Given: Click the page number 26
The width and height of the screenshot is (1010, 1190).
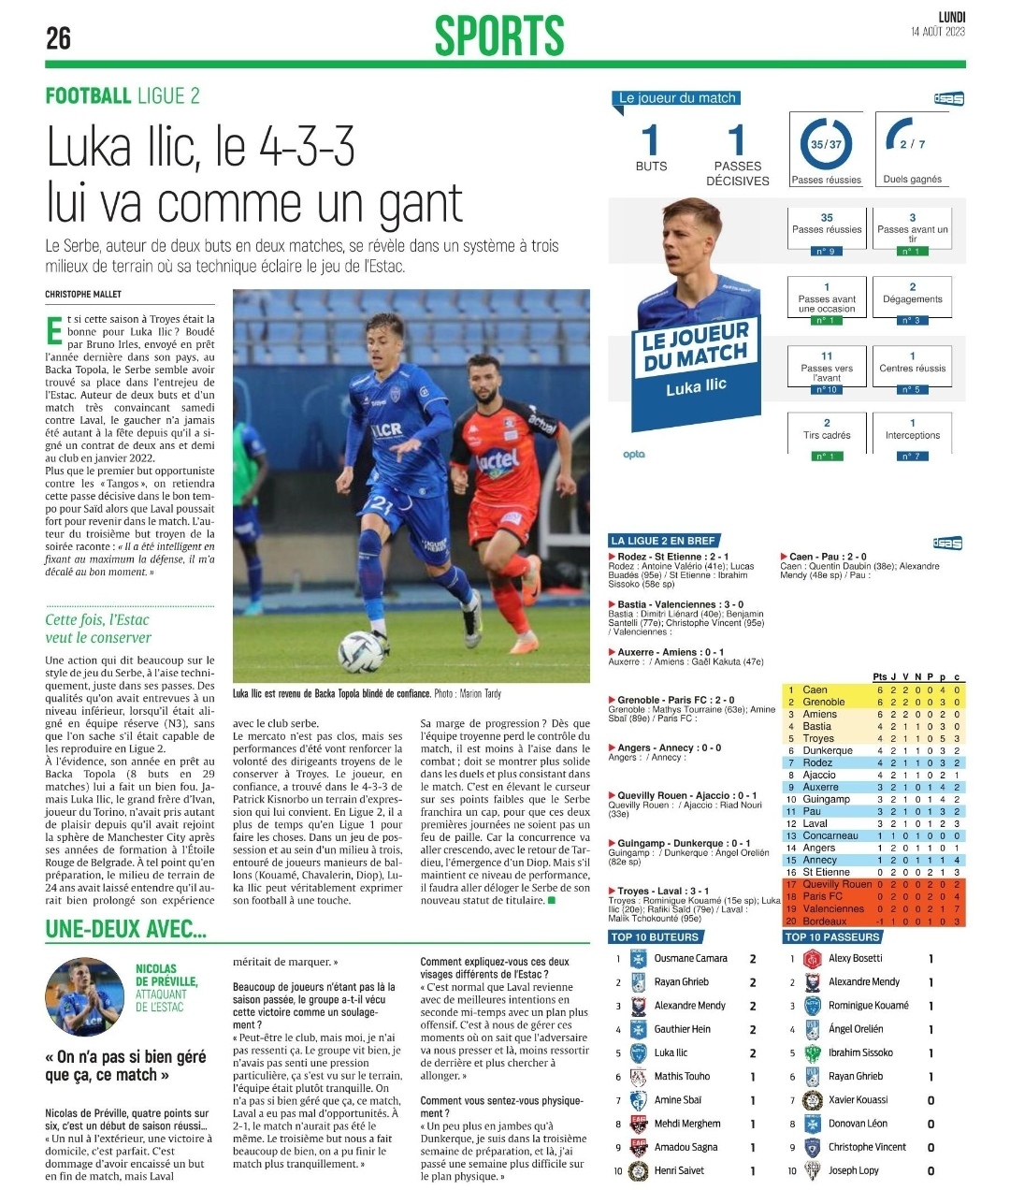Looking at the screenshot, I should pos(59,38).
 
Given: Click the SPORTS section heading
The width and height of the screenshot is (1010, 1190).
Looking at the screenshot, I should pos(499,36).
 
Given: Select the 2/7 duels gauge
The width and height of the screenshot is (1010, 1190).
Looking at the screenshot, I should pos(911,143).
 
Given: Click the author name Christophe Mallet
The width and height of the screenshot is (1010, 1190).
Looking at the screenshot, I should pos(83,294).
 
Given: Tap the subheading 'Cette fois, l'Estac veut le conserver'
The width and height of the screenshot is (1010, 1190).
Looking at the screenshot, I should pos(98,629).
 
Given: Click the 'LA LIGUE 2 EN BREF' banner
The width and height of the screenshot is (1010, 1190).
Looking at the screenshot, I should pos(663,541).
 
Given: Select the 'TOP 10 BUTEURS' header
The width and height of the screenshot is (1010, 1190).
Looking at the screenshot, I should pos(655,936).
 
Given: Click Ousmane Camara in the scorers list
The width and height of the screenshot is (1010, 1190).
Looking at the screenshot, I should pos(690,958).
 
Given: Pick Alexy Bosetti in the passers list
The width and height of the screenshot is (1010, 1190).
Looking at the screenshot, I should pos(855,958).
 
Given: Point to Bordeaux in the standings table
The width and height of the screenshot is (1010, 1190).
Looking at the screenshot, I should pos(824,922).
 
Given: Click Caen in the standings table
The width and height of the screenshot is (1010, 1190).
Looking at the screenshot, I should pos(815,689).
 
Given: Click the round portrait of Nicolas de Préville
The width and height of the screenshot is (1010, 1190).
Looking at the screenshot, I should pos(85,996).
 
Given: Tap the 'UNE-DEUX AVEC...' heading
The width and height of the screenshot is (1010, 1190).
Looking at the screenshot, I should pos(126,930).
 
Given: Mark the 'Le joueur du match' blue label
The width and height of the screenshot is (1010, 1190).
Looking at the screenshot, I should pos(677,98).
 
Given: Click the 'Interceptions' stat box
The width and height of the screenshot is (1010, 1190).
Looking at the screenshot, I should pos(912,435).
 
